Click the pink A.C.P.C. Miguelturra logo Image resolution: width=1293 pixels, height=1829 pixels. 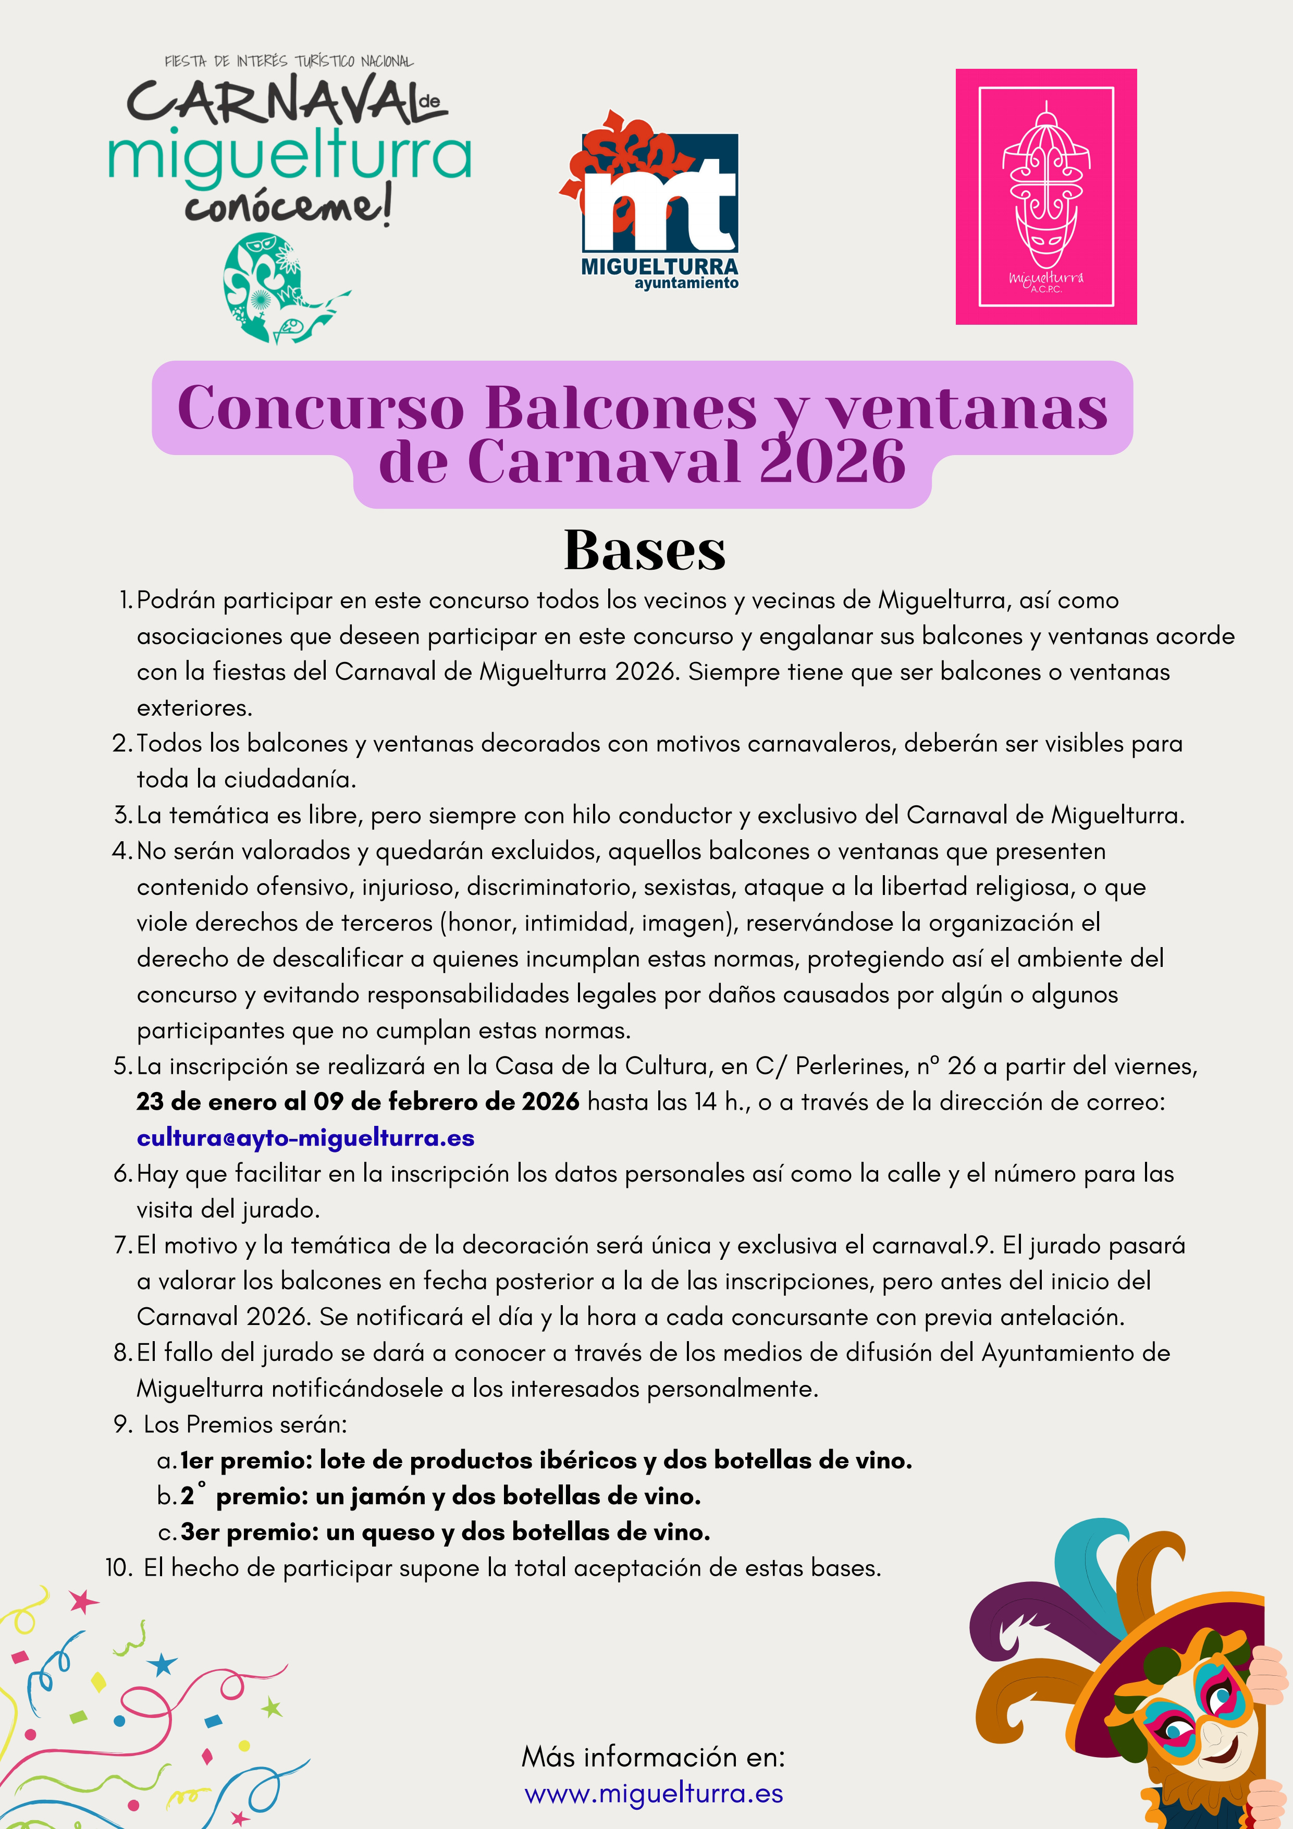coord(1045,196)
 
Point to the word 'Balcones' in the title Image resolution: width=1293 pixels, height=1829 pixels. coord(621,409)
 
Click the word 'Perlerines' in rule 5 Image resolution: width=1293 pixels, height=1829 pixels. coord(847,1066)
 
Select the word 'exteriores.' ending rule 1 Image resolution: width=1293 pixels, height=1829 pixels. coord(194,707)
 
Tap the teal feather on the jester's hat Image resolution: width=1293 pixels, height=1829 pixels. coord(1091,1561)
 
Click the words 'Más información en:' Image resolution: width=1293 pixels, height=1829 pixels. coord(653,1757)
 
